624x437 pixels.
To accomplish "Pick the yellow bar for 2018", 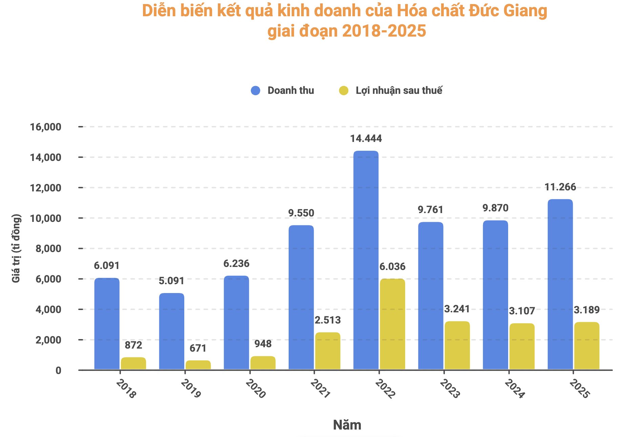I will coord(133,363).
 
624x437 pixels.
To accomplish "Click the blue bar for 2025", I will coord(560,285).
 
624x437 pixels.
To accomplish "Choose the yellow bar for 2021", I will coord(328,351).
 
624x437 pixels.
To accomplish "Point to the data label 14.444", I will coord(366,139).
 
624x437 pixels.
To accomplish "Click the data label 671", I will coord(198,348).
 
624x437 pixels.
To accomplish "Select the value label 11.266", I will coord(560,187).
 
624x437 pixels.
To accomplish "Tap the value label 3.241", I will coord(457,309).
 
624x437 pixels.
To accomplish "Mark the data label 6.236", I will coord(236,264).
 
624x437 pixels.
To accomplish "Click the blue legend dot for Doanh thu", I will coord(255,90).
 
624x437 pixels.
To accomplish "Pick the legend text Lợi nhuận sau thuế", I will coord(399,90).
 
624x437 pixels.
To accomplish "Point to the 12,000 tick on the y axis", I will coord(46,188).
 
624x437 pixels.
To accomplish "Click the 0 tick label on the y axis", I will coord(59,370).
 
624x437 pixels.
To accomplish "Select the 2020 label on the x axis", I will coord(255,389).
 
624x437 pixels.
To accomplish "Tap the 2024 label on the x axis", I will coord(515,389).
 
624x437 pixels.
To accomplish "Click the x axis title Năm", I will coord(347,425).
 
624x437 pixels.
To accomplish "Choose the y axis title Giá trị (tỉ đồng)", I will coord(16,248).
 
